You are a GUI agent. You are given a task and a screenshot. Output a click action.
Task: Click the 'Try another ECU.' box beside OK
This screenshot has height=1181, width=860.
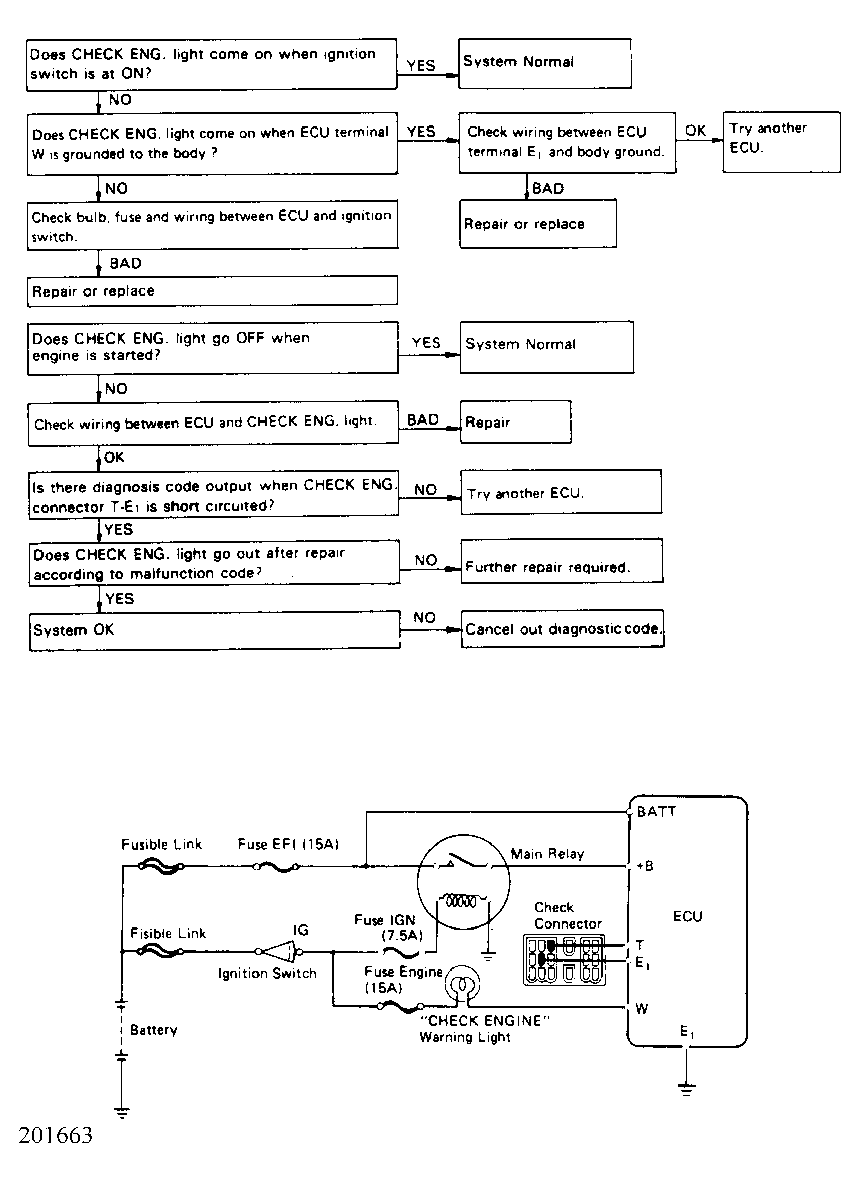[x=781, y=142]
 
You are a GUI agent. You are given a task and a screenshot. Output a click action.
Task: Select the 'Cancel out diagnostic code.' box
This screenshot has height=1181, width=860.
[x=562, y=628]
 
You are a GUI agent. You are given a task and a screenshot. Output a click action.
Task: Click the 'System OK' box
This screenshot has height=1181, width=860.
[x=214, y=630]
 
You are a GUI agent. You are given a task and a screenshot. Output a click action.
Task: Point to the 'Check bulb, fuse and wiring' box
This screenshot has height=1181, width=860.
[x=212, y=225]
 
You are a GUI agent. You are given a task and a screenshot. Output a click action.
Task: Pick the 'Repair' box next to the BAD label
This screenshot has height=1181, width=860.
[x=515, y=422]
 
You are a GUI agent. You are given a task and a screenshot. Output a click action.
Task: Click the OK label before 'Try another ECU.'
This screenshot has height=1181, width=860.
[x=695, y=130]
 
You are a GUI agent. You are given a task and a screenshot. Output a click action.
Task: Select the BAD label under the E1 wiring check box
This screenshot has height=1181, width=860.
[x=548, y=188]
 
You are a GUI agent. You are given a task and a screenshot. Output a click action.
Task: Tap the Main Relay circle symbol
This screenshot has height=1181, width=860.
[x=463, y=881]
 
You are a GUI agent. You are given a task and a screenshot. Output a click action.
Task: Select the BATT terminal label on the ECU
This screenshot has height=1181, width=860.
[x=656, y=811]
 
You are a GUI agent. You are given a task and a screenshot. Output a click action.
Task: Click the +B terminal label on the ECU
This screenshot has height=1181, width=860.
[x=644, y=866]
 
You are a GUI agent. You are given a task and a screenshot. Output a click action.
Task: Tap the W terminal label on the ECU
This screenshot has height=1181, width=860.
[x=641, y=1008]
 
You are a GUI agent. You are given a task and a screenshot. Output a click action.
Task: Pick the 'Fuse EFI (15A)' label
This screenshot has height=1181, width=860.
[x=288, y=843]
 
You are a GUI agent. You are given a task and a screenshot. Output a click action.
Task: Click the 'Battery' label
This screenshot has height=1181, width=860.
[x=153, y=1030]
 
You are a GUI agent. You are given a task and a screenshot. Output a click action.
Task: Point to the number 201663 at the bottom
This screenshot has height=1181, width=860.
[x=55, y=1135]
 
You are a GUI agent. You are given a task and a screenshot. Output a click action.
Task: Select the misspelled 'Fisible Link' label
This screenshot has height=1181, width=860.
[x=167, y=933]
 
